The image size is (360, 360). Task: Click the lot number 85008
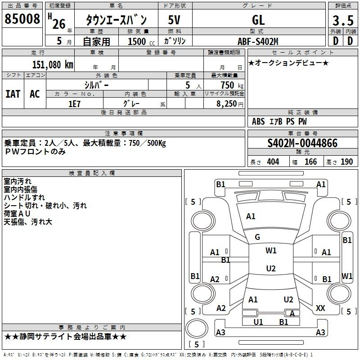click(x=22, y=19)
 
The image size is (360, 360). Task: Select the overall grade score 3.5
click(x=343, y=20)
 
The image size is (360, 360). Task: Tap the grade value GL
click(x=258, y=20)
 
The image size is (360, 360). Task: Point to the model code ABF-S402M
click(x=258, y=41)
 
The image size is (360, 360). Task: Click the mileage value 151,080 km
click(x=53, y=64)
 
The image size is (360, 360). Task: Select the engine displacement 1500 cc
click(x=141, y=41)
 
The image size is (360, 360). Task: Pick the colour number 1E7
click(x=74, y=104)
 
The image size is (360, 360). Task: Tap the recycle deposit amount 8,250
click(x=227, y=104)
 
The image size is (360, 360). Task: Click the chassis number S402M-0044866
click(x=302, y=143)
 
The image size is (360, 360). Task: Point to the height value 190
click(x=346, y=162)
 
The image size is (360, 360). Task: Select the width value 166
click(x=310, y=162)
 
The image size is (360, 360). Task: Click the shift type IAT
click(x=13, y=94)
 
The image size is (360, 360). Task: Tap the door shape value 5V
click(x=174, y=20)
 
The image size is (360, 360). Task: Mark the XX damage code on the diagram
click(x=320, y=308)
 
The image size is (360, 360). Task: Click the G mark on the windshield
click(x=257, y=237)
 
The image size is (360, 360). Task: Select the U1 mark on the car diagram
click(x=258, y=322)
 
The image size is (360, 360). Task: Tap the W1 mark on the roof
click(x=271, y=250)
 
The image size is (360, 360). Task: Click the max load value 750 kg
click(x=232, y=85)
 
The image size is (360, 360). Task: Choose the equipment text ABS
click(x=258, y=121)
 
